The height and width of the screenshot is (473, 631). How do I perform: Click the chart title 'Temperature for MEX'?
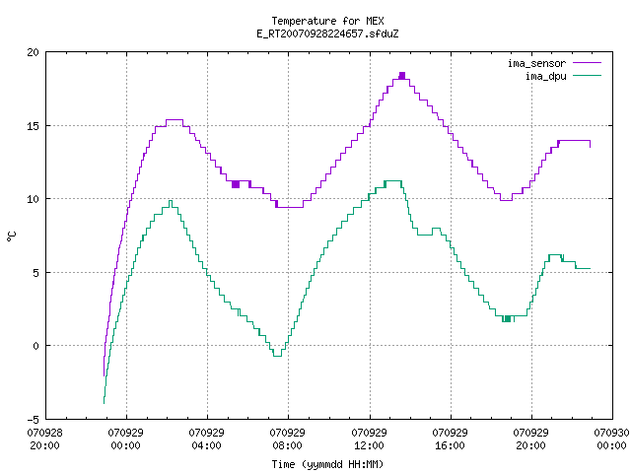[x=327, y=21]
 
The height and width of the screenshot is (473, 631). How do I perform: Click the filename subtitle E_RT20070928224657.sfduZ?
[x=327, y=34]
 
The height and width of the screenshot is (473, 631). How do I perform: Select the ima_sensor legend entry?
[x=554, y=63]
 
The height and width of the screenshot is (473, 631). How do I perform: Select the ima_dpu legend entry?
[x=563, y=76]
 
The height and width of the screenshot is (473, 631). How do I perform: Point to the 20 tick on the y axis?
[x=34, y=52]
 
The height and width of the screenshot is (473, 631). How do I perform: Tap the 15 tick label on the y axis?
[x=34, y=126]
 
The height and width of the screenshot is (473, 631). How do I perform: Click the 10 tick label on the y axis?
[x=34, y=199]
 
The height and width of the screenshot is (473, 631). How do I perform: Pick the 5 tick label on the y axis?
[x=35, y=273]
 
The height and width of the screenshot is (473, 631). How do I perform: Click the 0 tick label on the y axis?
[x=35, y=346]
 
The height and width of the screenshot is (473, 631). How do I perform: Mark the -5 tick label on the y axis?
[x=33, y=420]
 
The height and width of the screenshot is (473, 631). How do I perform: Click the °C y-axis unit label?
[x=11, y=236]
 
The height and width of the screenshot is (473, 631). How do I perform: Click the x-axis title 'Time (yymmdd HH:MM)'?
[x=327, y=464]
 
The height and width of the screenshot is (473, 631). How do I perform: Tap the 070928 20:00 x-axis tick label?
[x=44, y=439]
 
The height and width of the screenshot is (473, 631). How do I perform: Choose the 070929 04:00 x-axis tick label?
[x=206, y=439]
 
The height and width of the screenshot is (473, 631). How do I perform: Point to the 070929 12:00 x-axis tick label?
[x=369, y=439]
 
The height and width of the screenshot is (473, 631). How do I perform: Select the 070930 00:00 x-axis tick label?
[x=611, y=439]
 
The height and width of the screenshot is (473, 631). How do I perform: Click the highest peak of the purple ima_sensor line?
[x=402, y=75]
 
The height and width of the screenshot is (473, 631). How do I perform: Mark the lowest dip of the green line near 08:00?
[x=277, y=356]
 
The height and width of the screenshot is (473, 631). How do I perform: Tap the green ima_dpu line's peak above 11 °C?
[x=393, y=181]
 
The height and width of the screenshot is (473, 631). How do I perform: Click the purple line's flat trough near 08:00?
[x=290, y=207]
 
